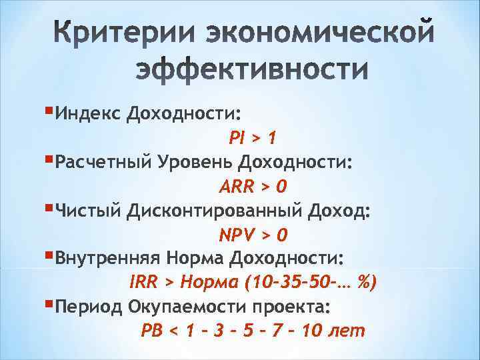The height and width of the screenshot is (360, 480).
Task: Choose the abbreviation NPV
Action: [237, 235]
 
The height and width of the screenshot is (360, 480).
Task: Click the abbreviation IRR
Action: [142, 283]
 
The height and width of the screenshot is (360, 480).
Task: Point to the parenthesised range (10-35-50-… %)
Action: [311, 283]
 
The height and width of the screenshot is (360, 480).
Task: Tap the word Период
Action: [87, 307]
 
